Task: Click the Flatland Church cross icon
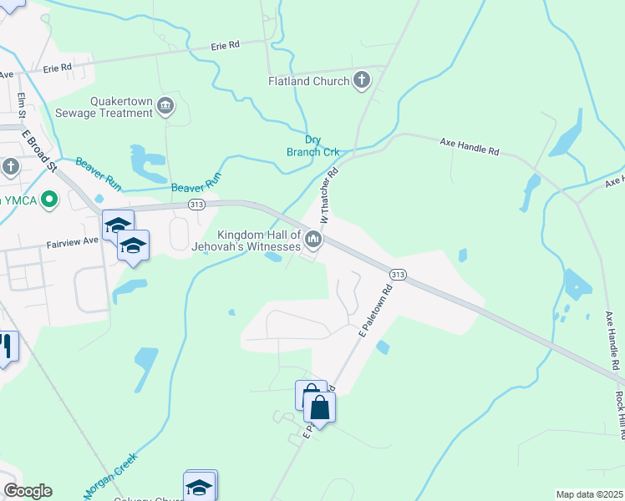coord(361,81)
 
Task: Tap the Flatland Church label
coord(307,81)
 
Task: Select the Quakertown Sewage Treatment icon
coord(165,105)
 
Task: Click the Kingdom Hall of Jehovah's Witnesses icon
coord(313,240)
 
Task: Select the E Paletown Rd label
coord(375,313)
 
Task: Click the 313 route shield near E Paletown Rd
coord(398,274)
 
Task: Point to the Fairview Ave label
coord(71,240)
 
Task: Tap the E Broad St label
coord(38,150)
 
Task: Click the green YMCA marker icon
coord(49,200)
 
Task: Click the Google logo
coord(28,491)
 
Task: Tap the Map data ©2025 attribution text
coord(588,494)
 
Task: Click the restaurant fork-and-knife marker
coord(7,347)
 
